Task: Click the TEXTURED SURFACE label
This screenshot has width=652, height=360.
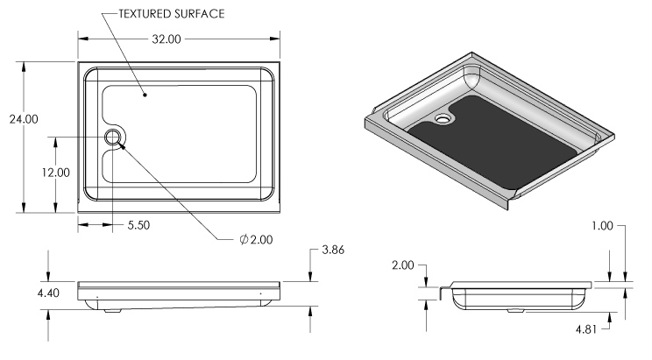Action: pyautogui.click(x=171, y=14)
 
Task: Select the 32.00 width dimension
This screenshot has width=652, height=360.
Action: pyautogui.click(x=167, y=39)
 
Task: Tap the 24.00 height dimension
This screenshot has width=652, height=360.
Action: pyautogui.click(x=24, y=119)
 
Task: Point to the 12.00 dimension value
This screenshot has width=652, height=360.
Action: pyautogui.click(x=56, y=173)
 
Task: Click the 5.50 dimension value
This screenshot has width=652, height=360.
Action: pyautogui.click(x=138, y=225)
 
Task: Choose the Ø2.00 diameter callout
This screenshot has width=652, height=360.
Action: pyautogui.click(x=256, y=239)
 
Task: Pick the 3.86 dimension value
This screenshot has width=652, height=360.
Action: pyautogui.click(x=333, y=250)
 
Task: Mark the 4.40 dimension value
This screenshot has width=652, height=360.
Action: pyautogui.click(x=48, y=293)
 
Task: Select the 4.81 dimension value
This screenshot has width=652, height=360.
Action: pyautogui.click(x=586, y=329)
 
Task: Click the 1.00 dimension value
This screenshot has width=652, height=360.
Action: pyautogui.click(x=602, y=226)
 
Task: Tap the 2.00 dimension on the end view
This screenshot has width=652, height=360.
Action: pyautogui.click(x=403, y=265)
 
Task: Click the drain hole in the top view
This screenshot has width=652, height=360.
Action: pyautogui.click(x=112, y=137)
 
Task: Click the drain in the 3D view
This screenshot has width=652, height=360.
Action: pyautogui.click(x=443, y=119)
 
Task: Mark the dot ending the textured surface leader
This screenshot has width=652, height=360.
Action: pyautogui.click(x=145, y=95)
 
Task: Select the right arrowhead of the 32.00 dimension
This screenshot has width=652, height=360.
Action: pyautogui.click(x=274, y=39)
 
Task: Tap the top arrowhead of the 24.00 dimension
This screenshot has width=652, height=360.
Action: pyautogui.click(x=24, y=67)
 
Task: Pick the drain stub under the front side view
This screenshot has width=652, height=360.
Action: pyautogui.click(x=112, y=310)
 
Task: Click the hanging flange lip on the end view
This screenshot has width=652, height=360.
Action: pyautogui.click(x=443, y=293)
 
